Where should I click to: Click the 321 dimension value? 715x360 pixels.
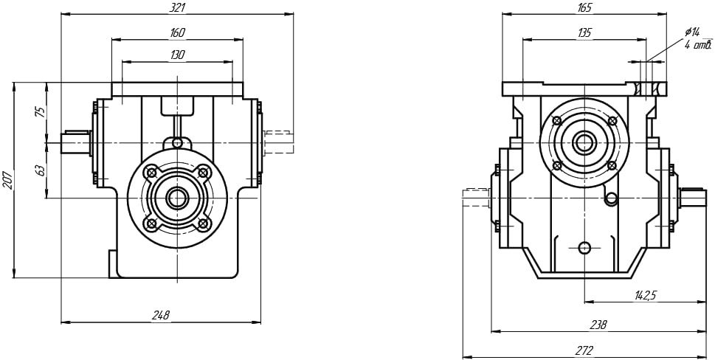(x=176, y=7)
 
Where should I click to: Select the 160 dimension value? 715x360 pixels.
(x=176, y=32)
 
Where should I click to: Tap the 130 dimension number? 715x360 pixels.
(x=176, y=55)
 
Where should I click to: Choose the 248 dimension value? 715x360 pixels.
(x=161, y=315)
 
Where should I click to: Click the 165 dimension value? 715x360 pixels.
(x=584, y=7)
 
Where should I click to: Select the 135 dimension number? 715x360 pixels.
(x=584, y=32)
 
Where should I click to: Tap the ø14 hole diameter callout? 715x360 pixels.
(x=691, y=32)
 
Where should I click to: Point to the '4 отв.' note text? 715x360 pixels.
(x=697, y=45)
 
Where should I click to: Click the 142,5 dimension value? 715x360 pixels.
(x=646, y=295)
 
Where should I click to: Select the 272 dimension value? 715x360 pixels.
(x=584, y=350)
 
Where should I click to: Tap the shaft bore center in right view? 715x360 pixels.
(x=585, y=142)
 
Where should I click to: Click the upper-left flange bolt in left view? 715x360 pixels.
(x=151, y=172)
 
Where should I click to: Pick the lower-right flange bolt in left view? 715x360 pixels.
(x=204, y=223)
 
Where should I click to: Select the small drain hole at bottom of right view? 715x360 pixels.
(x=585, y=247)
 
